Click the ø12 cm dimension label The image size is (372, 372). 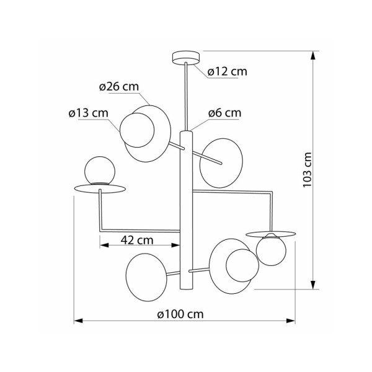[227, 72]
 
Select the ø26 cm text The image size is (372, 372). [118, 87]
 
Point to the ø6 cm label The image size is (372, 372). [224, 113]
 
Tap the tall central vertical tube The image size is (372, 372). [187, 211]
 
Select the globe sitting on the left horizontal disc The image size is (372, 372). [99, 170]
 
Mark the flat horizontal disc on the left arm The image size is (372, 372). [99, 188]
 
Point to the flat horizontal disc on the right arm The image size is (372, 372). [271, 233]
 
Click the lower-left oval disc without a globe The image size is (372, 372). [146, 273]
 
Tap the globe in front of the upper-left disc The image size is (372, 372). [136, 129]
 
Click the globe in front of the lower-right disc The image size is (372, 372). [241, 265]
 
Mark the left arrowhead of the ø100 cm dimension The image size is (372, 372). [77, 321]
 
